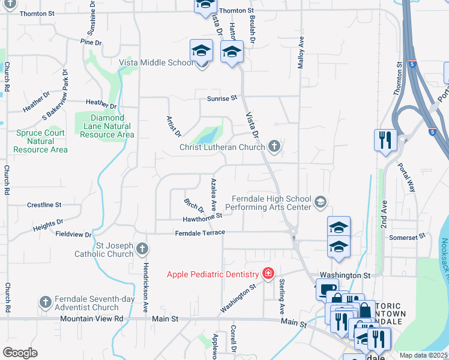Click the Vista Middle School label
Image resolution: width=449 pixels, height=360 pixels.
point(156,62)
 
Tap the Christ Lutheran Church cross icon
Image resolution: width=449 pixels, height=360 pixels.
point(274,146)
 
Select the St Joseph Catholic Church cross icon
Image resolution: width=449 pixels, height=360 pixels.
point(142,248)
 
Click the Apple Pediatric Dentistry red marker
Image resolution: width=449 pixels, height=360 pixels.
point(268,275)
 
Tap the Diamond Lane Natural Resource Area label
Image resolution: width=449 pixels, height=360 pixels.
point(103,126)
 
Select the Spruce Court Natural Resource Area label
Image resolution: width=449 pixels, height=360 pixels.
point(41,141)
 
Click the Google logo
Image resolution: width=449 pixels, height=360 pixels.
point(20,353)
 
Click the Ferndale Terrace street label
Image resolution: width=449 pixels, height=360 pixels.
point(199,232)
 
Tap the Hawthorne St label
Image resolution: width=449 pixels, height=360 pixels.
point(203,217)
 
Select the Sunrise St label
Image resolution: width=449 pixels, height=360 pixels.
point(222,98)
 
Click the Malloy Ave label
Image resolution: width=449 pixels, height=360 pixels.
point(302,52)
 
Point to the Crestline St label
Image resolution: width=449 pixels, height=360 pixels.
point(44,205)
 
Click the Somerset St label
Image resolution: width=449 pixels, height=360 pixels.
point(407,237)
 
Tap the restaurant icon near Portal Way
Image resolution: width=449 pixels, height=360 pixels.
point(385,141)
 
